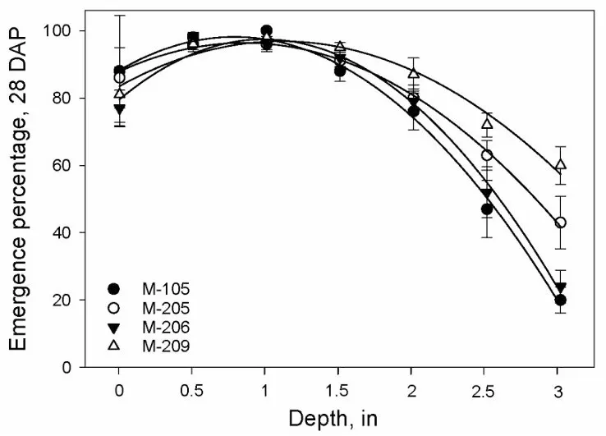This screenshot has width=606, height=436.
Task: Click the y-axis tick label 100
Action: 62,31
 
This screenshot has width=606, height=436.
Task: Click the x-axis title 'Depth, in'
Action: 340,418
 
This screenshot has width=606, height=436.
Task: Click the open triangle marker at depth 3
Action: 561,165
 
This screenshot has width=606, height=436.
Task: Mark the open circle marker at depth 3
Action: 561,223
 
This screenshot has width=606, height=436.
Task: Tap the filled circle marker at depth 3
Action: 561,300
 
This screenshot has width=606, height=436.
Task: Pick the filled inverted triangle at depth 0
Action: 119,108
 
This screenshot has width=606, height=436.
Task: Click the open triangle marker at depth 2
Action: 414,73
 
